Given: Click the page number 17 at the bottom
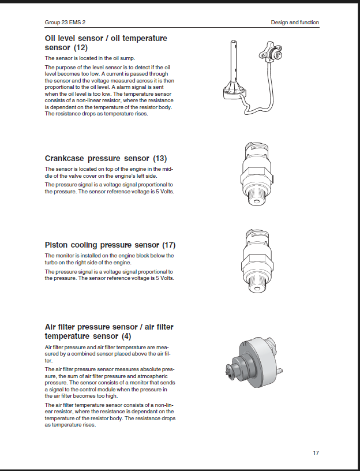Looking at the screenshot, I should (x=316, y=453).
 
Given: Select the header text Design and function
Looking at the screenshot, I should (x=295, y=23).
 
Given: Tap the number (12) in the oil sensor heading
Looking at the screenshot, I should (x=78, y=47).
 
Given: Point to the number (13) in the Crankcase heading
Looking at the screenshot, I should (x=160, y=158).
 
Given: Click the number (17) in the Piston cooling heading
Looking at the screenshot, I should (x=168, y=245).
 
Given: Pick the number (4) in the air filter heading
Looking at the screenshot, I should (x=126, y=336).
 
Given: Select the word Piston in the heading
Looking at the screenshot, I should (x=57, y=245).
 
